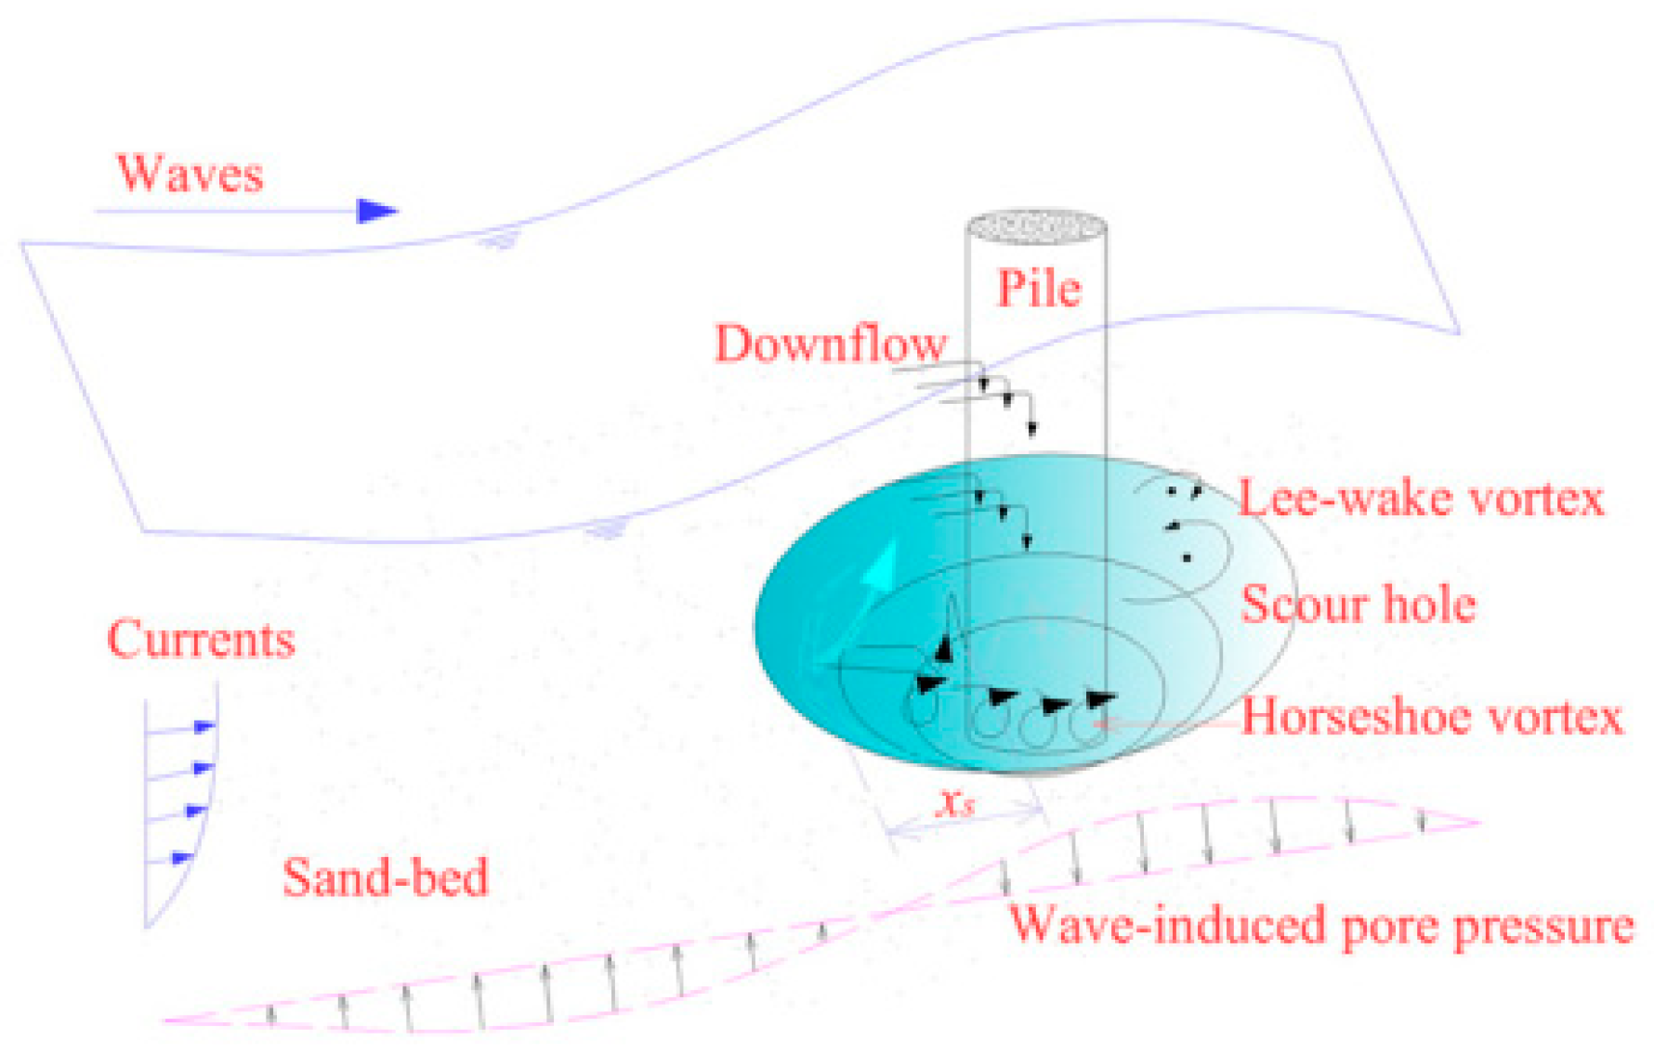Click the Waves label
(190, 174)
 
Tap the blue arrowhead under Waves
(376, 211)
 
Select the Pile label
(1039, 289)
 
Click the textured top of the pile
(1037, 227)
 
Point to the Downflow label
(830, 344)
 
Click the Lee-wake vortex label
(1421, 499)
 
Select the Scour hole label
(1359, 604)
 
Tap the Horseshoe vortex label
(1432, 717)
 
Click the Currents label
(201, 640)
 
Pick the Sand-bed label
(385, 877)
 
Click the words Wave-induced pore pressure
(1320, 926)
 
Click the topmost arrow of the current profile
(204, 726)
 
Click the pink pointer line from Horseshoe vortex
(1171, 723)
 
